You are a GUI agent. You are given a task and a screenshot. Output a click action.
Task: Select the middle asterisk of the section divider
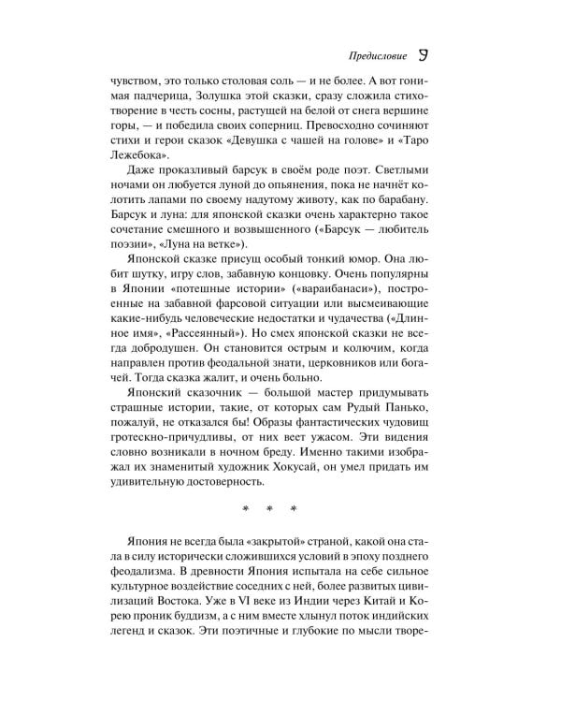coord(269,509)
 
